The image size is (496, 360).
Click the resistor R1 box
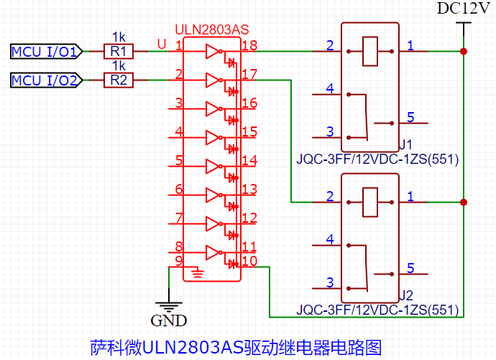point(119,52)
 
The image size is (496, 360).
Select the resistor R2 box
point(119,80)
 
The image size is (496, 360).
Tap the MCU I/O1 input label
point(45,52)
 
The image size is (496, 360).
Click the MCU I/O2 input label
point(45,80)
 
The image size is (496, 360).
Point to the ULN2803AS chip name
point(211,31)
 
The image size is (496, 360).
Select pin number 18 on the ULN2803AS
point(249,45)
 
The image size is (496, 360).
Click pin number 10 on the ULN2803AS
point(249,261)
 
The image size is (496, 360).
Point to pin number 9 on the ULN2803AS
point(178,260)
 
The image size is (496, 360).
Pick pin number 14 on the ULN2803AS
point(249,160)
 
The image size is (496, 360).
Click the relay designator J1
point(405,144)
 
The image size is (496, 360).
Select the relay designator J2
point(405,295)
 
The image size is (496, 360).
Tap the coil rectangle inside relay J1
point(370,51)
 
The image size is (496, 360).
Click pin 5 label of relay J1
point(410,117)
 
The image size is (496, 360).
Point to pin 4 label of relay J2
point(330,239)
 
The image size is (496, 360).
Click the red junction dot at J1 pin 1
point(464,52)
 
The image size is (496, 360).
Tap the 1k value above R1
point(119,37)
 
